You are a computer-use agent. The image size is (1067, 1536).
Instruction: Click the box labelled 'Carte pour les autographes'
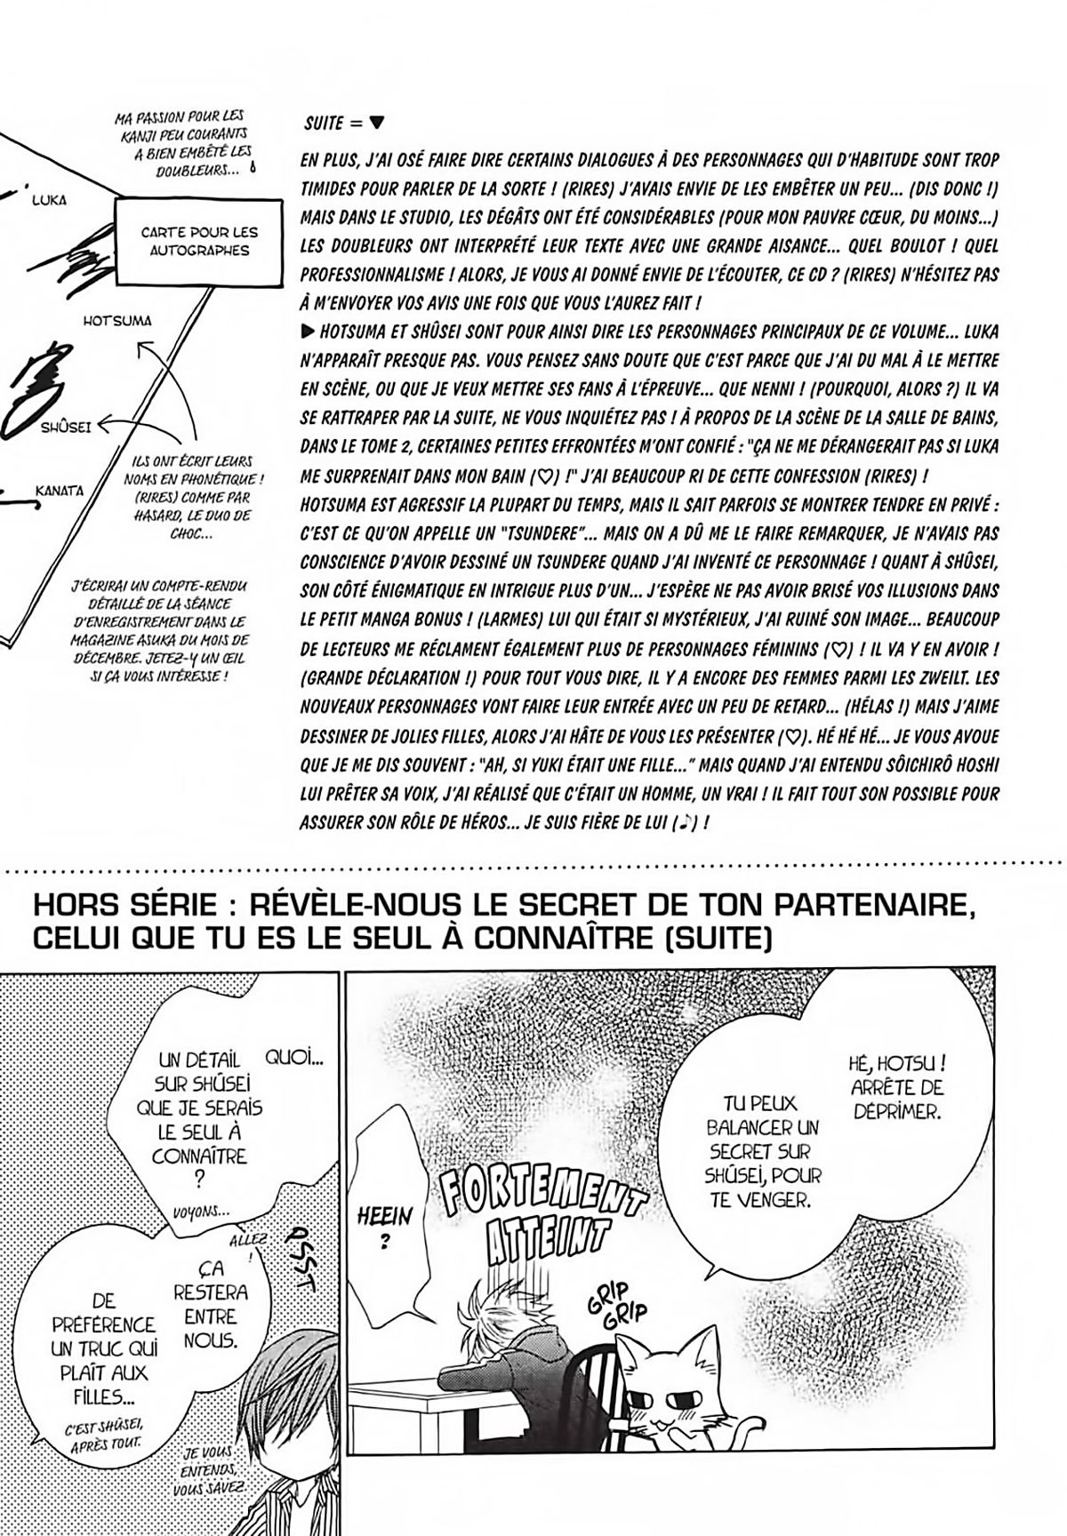click(x=199, y=241)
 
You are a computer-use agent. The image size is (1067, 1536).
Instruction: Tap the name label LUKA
click(x=49, y=200)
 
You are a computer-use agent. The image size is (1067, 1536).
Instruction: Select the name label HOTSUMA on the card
click(x=117, y=321)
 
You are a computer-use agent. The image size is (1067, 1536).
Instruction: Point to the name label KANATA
click(x=60, y=491)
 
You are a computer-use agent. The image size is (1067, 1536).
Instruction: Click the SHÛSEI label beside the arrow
click(x=66, y=428)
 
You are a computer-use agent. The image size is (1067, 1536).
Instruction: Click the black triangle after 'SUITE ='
click(x=377, y=124)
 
